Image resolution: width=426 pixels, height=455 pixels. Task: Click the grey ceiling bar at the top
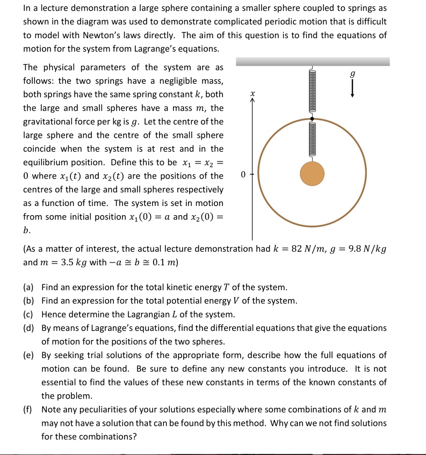[313, 62]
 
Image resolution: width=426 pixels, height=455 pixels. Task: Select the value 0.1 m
[164, 263]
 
